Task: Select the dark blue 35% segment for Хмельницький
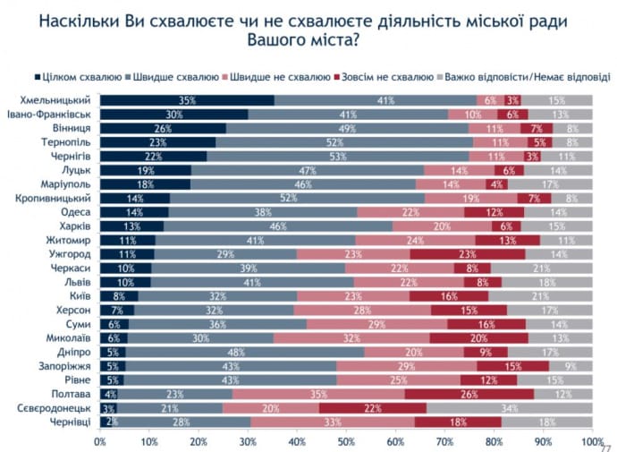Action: click(x=186, y=100)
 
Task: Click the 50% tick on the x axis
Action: click(x=346, y=441)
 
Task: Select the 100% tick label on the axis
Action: click(x=591, y=441)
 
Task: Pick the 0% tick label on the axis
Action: click(x=100, y=441)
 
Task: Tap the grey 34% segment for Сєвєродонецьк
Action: click(x=508, y=408)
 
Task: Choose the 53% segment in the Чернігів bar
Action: click(x=337, y=157)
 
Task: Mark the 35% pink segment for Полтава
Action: click(x=319, y=394)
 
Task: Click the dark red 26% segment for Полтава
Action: click(x=469, y=394)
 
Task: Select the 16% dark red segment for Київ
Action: click(x=449, y=296)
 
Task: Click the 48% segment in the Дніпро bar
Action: click(x=242, y=352)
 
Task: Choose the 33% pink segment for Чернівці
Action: click(x=333, y=422)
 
